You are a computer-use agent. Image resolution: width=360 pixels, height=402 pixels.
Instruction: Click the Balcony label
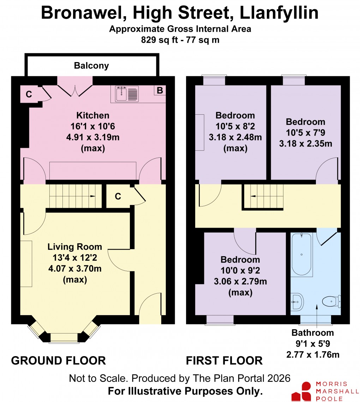click(91, 66)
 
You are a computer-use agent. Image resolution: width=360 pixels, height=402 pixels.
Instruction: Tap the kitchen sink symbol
click(122, 93)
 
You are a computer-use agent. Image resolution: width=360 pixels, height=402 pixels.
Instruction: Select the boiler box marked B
click(160, 90)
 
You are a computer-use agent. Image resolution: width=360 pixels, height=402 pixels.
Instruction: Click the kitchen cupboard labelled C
click(29, 94)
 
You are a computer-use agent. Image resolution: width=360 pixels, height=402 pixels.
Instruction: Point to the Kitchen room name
click(93, 115)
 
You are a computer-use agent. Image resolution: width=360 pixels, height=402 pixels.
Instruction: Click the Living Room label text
click(75, 247)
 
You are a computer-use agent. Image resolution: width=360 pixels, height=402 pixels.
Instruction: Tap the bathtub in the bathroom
click(302, 254)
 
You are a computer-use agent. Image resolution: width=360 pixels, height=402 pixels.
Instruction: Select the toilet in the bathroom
click(331, 301)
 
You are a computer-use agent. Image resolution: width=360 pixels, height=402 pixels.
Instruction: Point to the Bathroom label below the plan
click(313, 332)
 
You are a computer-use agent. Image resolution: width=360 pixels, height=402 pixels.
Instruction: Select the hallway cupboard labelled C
click(118, 197)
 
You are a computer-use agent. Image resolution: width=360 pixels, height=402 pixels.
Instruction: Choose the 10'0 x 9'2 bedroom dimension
click(240, 270)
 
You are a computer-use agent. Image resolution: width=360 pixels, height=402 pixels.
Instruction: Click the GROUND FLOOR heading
click(59, 360)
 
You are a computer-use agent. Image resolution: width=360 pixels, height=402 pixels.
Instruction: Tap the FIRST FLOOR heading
click(224, 360)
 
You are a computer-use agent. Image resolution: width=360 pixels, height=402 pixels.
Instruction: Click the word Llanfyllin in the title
click(279, 13)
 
